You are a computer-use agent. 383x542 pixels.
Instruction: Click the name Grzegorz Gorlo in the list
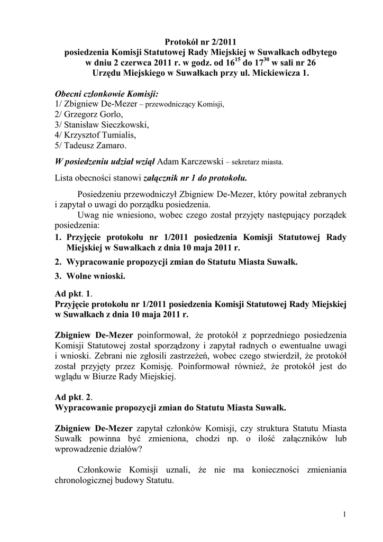click(88, 114)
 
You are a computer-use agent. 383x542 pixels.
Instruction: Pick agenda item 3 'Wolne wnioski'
click(96, 276)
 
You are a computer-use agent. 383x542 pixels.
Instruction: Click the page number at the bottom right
click(344, 514)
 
